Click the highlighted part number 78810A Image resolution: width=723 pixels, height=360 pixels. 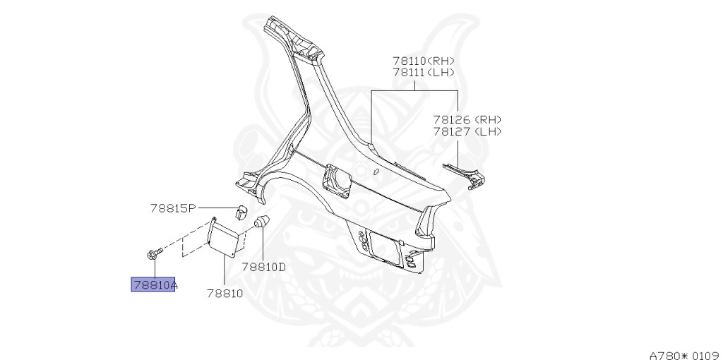(153, 285)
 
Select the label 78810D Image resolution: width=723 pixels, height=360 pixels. (263, 268)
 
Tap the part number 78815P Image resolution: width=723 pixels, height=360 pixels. (172, 208)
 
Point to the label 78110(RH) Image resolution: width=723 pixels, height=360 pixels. (424, 61)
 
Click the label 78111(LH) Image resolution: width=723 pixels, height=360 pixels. (424, 72)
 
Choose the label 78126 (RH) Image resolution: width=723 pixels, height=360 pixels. (467, 120)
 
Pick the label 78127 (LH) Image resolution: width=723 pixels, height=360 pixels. (467, 131)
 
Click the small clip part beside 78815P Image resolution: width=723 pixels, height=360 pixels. (239, 210)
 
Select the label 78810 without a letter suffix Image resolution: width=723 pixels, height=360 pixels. (225, 292)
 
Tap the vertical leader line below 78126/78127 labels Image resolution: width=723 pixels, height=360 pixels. (460, 152)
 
